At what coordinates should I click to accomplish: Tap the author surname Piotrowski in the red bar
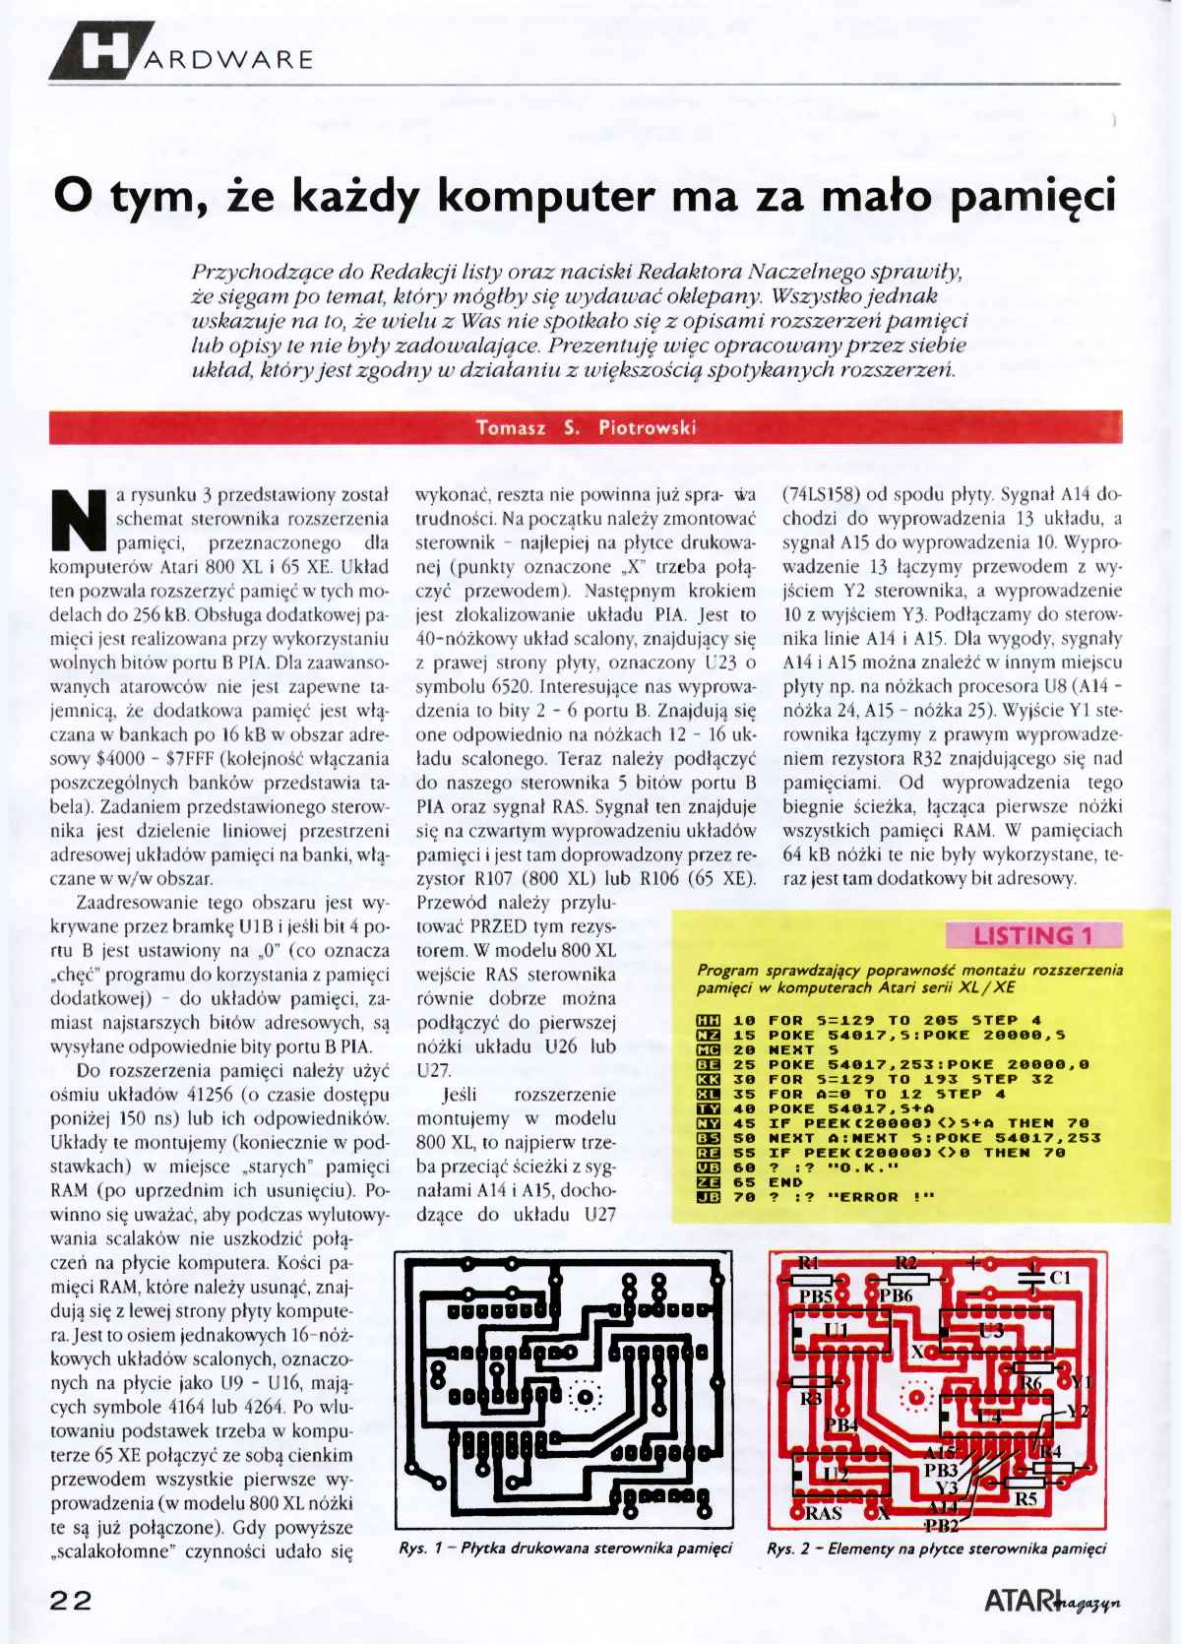pyautogui.click(x=649, y=427)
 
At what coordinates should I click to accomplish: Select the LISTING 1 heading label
pyautogui.click(x=1032, y=934)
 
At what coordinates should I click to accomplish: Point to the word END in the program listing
pyautogui.click(x=785, y=1181)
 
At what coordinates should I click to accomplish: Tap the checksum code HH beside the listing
pyautogui.click(x=708, y=1020)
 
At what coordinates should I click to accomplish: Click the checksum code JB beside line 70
pyautogui.click(x=708, y=1196)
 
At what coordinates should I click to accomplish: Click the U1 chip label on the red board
pyautogui.click(x=837, y=1331)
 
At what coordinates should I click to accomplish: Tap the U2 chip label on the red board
pyautogui.click(x=836, y=1474)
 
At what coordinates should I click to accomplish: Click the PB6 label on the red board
pyautogui.click(x=896, y=1296)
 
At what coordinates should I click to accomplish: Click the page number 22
pyautogui.click(x=71, y=1599)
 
